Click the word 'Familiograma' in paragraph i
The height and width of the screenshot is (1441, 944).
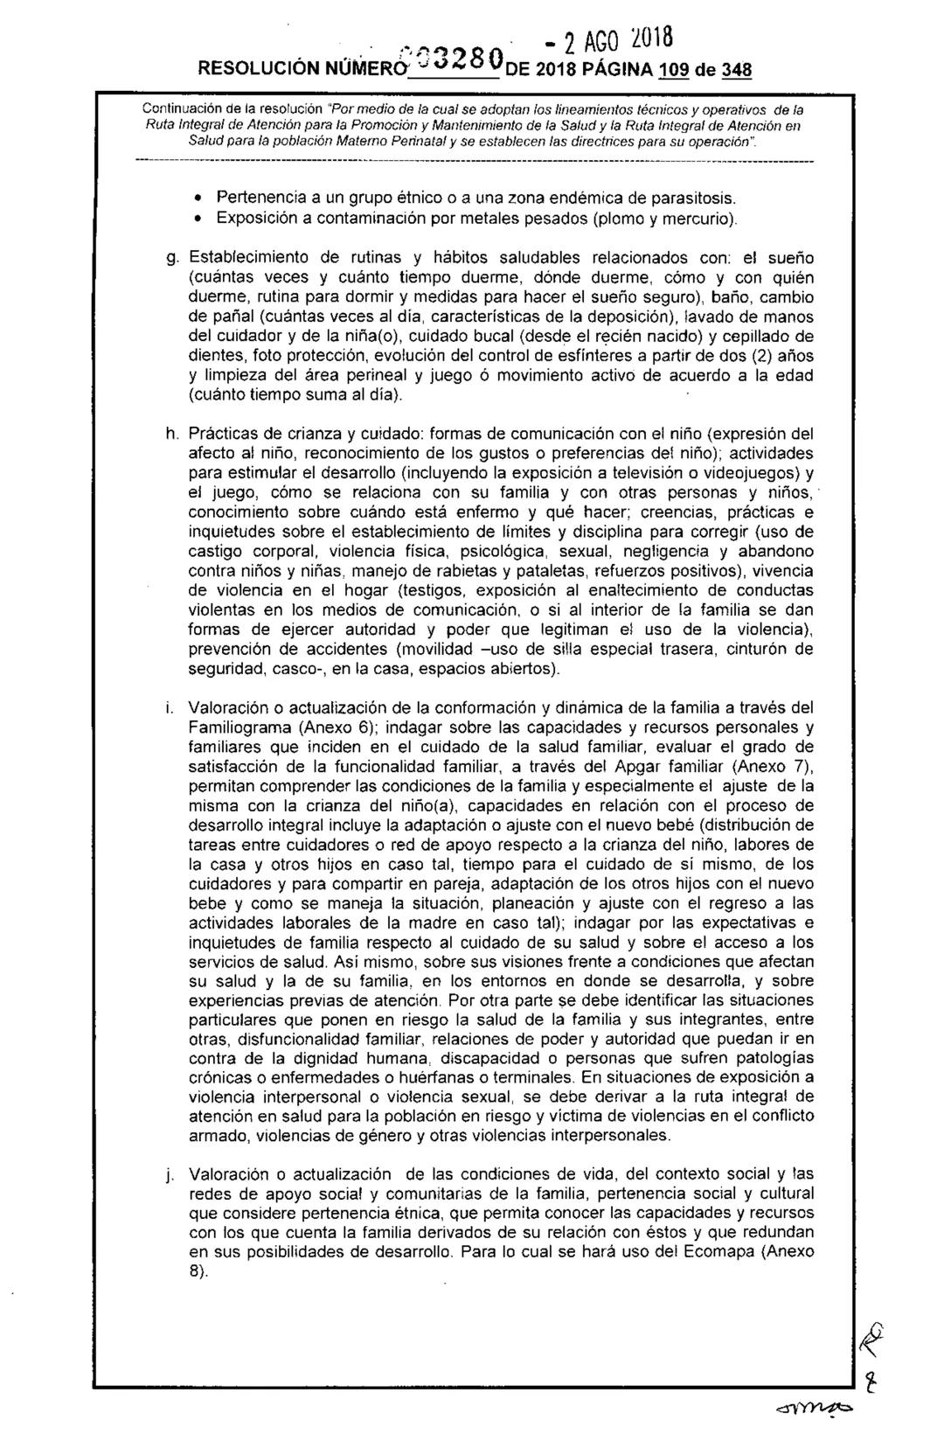coord(239,727)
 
